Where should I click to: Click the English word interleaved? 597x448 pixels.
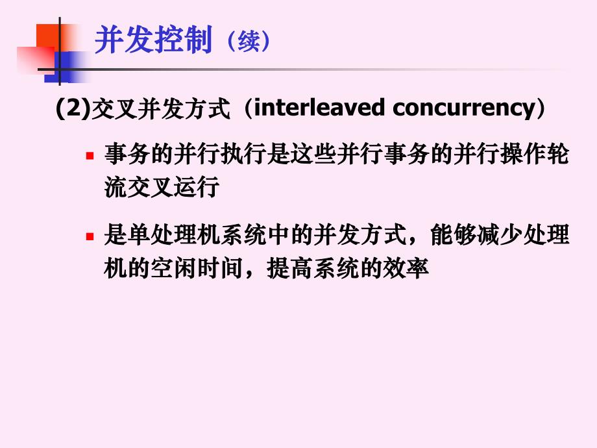[x=318, y=108]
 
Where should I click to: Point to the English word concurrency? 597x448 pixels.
[x=463, y=108]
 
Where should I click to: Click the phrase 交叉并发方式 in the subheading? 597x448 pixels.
[x=162, y=109]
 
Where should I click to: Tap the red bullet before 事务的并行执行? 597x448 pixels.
[x=90, y=156]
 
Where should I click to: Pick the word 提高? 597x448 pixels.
[x=282, y=268]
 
